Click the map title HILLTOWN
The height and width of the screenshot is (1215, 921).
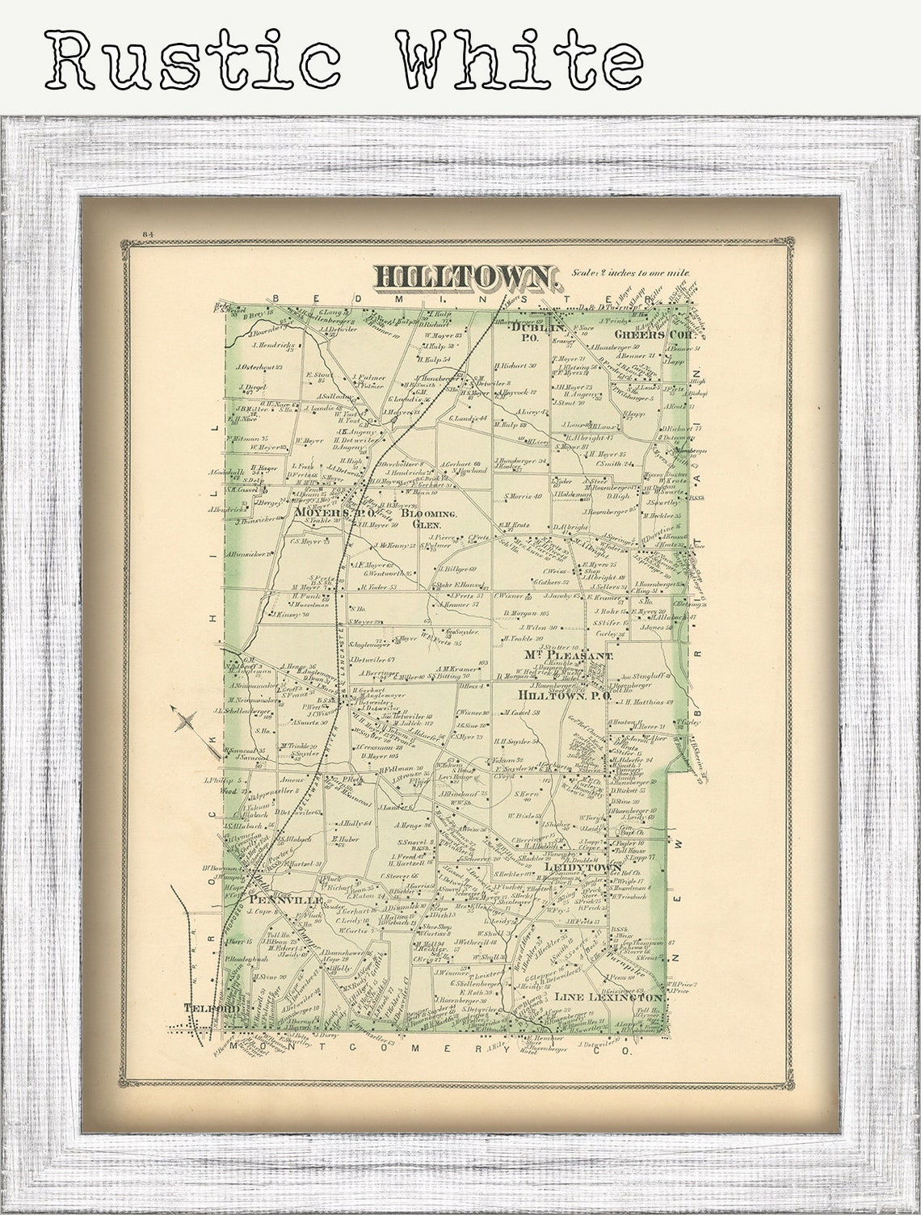466,277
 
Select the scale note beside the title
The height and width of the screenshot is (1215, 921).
630,273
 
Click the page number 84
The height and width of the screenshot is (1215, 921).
148,234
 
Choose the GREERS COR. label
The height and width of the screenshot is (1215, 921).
643,334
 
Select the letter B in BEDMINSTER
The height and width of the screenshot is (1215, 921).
275,298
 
